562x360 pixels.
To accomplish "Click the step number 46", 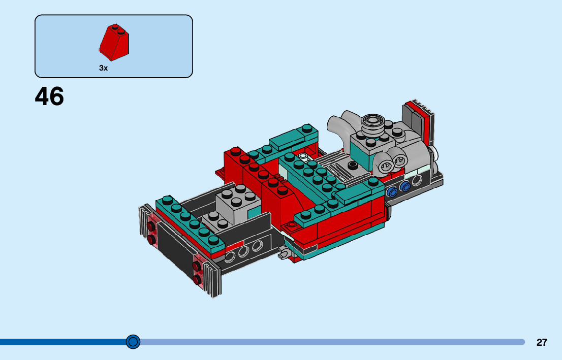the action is (x=49, y=96).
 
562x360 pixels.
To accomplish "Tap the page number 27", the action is (x=542, y=342).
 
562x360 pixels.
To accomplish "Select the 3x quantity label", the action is (x=103, y=68).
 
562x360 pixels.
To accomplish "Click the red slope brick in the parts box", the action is (x=114, y=42).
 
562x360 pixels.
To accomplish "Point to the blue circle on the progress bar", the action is (x=133, y=342).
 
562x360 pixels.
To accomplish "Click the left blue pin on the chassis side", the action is (x=392, y=191).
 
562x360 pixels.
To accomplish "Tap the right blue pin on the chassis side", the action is (x=404, y=186).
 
